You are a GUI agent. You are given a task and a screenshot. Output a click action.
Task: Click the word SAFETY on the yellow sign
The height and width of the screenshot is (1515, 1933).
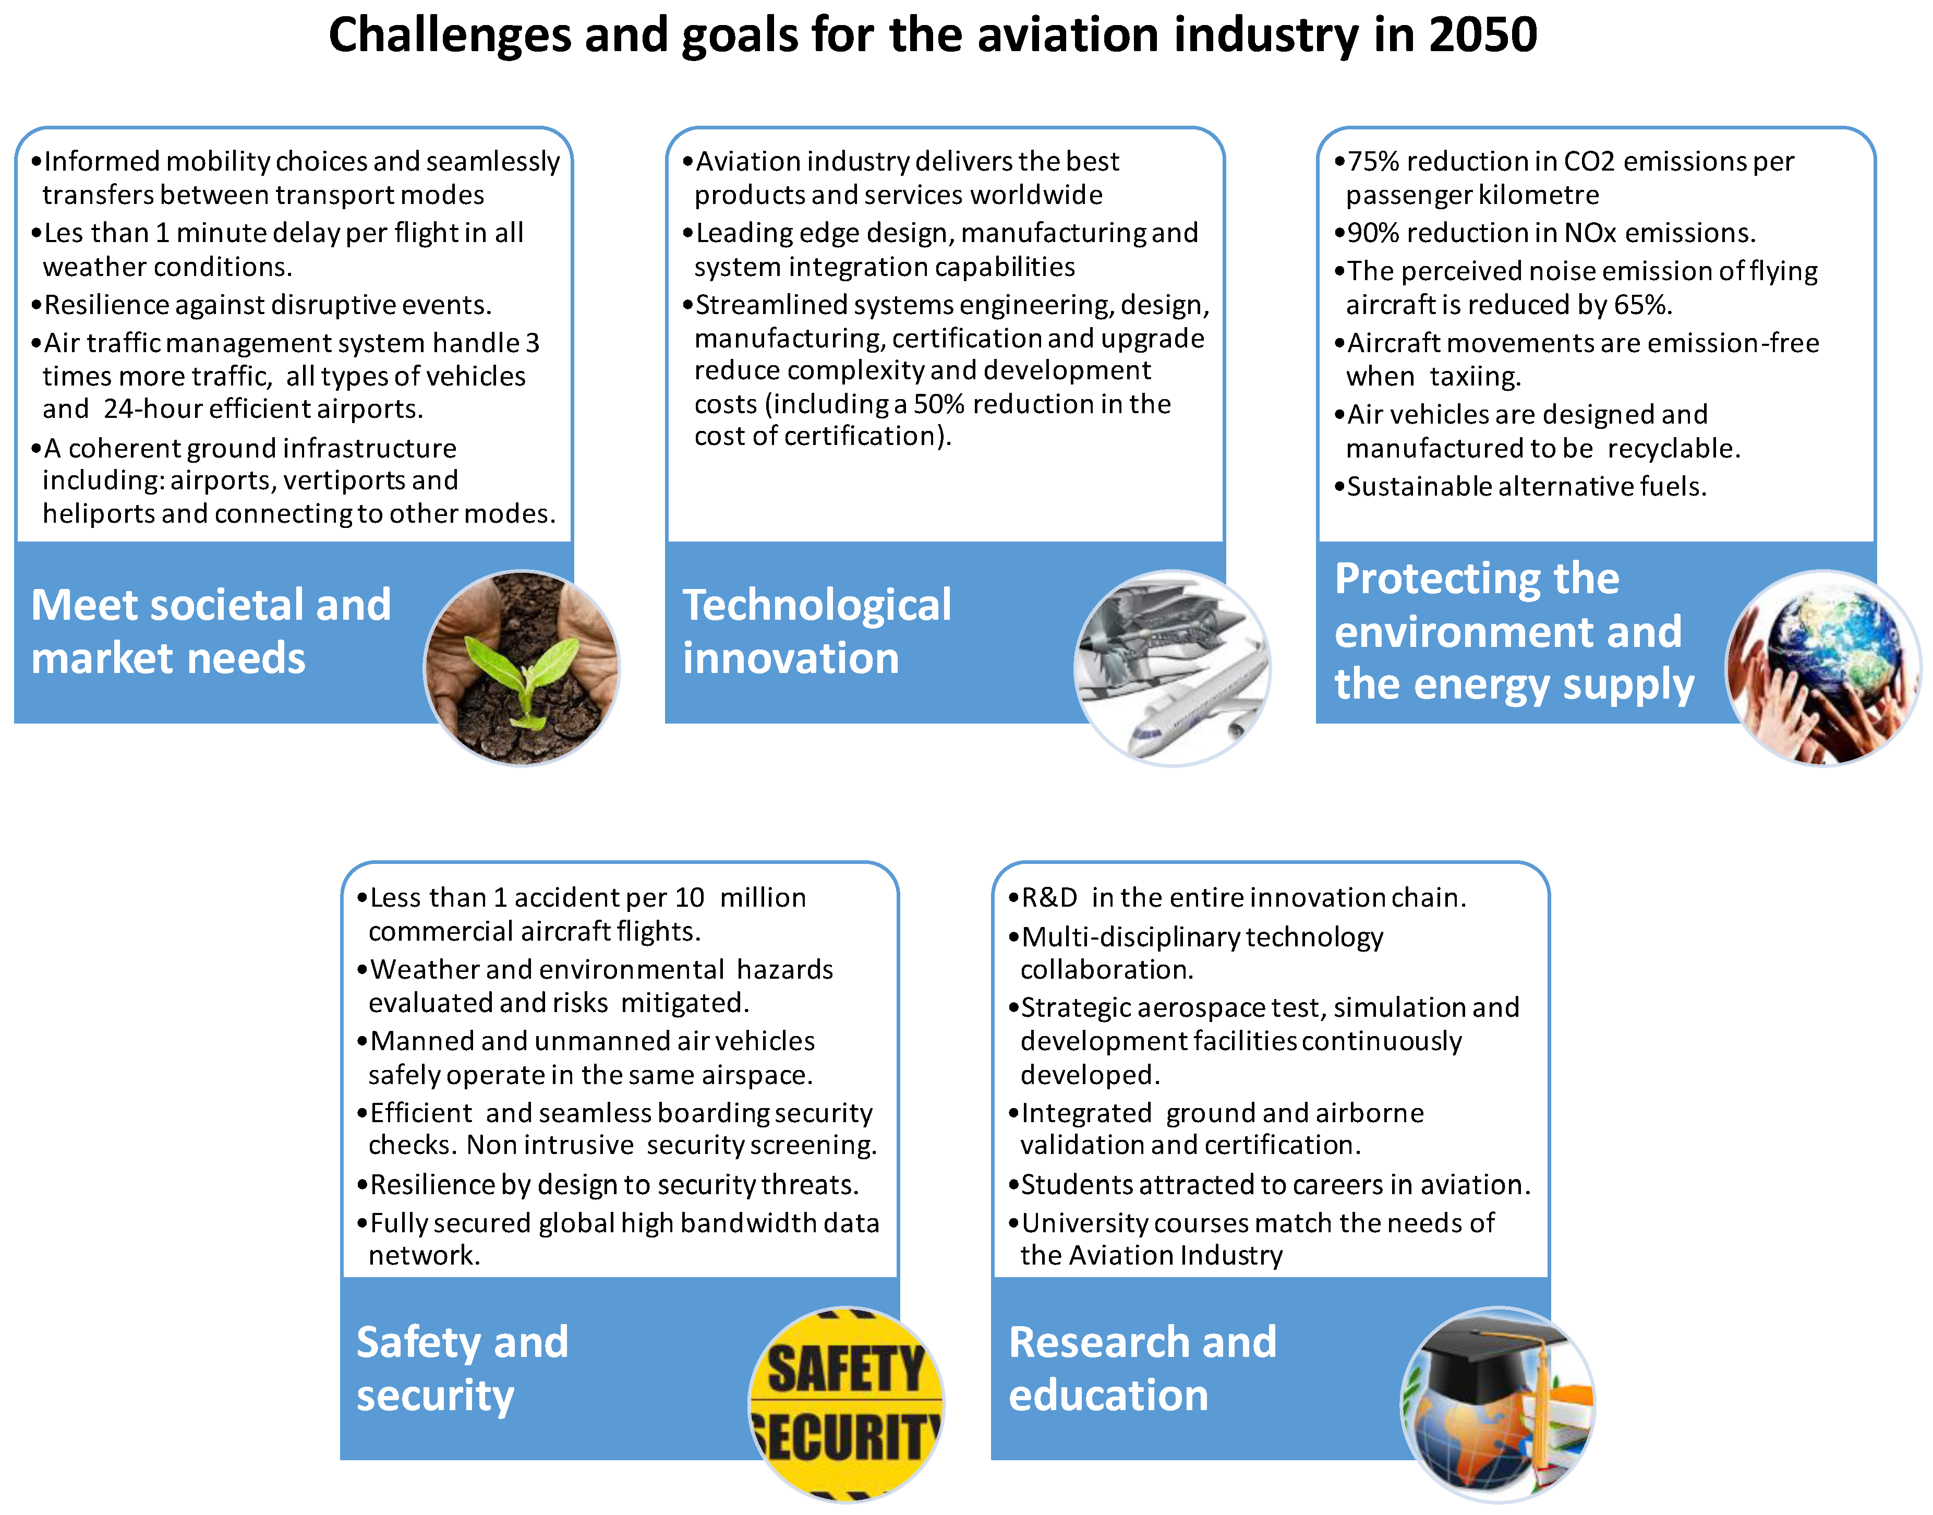[x=845, y=1368]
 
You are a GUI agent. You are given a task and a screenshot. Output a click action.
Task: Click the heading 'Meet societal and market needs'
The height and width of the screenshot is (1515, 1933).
[x=211, y=632]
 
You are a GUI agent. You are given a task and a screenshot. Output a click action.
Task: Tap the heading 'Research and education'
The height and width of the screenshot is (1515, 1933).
[x=1143, y=1368]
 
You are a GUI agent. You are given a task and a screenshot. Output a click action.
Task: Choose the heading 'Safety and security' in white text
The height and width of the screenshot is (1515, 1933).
[x=462, y=1368]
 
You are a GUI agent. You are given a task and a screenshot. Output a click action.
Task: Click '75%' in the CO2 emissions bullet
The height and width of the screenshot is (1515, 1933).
[x=1373, y=161]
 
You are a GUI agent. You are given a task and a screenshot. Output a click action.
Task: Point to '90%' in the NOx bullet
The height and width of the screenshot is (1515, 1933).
[x=1373, y=233]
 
